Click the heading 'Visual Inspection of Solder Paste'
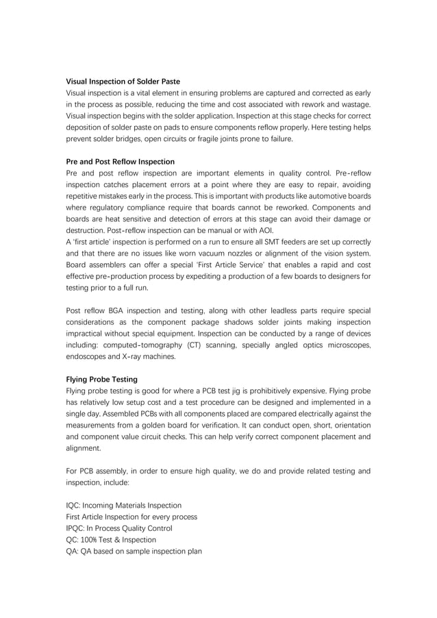tap(123, 82)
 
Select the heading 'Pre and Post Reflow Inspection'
tap(120, 162)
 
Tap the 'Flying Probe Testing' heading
tap(101, 380)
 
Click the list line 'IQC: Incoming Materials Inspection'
tap(123, 506)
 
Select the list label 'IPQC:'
tap(77, 528)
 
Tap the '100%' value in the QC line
tap(89, 540)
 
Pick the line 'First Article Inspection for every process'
tap(131, 517)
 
